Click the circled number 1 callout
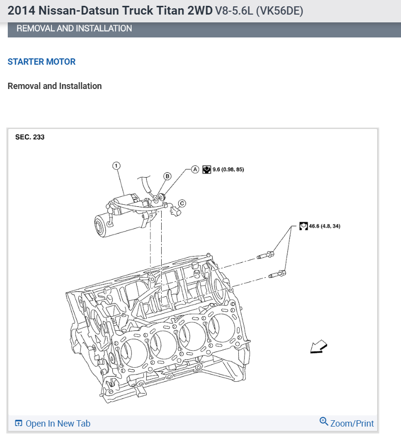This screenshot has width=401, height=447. [117, 165]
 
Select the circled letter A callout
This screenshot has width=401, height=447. [195, 169]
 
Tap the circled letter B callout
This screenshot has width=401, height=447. [167, 176]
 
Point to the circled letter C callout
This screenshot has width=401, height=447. [182, 203]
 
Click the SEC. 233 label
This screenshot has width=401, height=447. [30, 137]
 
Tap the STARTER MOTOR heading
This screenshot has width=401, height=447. [42, 62]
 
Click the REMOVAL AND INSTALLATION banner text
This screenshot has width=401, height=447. [74, 29]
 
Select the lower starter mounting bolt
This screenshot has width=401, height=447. [277, 275]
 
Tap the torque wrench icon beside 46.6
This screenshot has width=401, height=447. [304, 226]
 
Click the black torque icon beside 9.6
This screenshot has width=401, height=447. [207, 170]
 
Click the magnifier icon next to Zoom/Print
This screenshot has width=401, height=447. [324, 421]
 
